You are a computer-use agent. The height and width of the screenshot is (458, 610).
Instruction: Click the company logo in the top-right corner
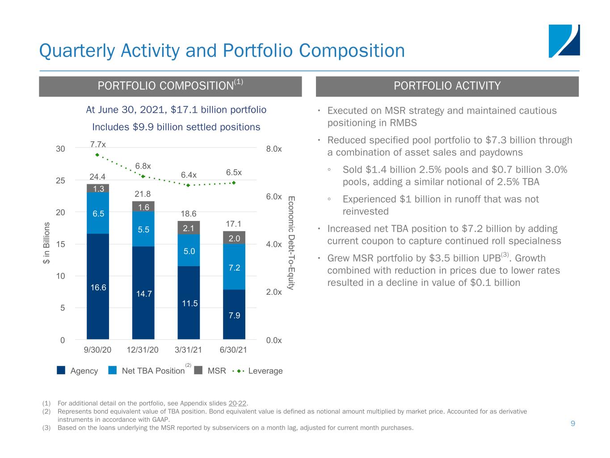pos(564,41)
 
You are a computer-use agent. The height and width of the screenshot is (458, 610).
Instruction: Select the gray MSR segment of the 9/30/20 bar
pos(98,188)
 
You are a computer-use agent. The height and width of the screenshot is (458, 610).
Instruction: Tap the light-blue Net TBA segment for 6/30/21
pos(234,267)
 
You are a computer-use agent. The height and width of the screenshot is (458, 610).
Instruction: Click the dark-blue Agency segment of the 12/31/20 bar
pos(143,293)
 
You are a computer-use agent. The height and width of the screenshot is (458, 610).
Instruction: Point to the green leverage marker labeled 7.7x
pos(97,155)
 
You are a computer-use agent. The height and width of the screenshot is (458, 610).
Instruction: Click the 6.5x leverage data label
pos(234,172)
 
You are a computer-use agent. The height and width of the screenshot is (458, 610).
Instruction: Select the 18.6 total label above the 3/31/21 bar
pos(189,213)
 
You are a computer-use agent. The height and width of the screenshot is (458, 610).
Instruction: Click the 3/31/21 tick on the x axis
pos(188,350)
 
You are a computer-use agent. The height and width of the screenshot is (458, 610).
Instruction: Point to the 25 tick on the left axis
pos(60,181)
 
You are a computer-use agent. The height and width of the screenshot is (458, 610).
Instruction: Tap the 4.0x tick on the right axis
pos(274,244)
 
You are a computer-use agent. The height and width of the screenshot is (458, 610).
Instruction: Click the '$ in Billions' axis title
pos(46,243)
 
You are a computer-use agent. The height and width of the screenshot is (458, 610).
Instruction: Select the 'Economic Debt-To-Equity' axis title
pos(291,243)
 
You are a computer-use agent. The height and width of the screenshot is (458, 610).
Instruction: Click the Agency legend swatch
pos(61,370)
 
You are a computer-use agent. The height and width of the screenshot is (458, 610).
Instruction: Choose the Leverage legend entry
pos(257,371)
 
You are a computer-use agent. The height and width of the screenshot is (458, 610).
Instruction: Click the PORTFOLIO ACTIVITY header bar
pos(447,86)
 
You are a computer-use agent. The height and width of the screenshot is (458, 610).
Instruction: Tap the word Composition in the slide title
pos(352,51)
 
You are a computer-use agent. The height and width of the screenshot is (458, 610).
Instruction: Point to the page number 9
pos(573,423)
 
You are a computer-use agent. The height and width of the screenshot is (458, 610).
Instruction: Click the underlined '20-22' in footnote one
pos(237,403)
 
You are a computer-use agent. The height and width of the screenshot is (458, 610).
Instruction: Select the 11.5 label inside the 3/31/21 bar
pos(189,303)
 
